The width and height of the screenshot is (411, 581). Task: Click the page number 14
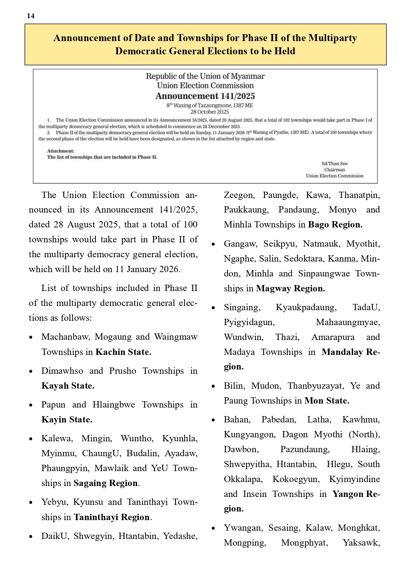[30, 16]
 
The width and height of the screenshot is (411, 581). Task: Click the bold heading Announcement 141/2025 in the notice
[205, 96]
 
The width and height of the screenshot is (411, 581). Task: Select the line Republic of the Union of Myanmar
[205, 76]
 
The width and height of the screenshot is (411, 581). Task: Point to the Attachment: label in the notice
[61, 151]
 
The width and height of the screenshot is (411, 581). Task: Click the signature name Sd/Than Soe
[334, 164]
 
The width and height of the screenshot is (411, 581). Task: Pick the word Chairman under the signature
[334, 169]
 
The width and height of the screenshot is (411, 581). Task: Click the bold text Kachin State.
[123, 352]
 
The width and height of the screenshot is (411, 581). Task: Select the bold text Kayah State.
[68, 386]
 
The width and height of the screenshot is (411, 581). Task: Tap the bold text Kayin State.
[67, 419]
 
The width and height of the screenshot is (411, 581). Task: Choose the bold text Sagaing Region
[106, 483]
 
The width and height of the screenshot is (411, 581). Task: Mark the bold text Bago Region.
[335, 224]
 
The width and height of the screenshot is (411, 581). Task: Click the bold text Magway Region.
[290, 288]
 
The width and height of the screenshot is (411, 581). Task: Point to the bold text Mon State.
[327, 401]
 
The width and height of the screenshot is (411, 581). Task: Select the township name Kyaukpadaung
[306, 307]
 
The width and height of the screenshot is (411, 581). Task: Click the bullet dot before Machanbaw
[31, 337]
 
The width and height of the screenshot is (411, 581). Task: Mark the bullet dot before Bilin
[213, 386]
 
